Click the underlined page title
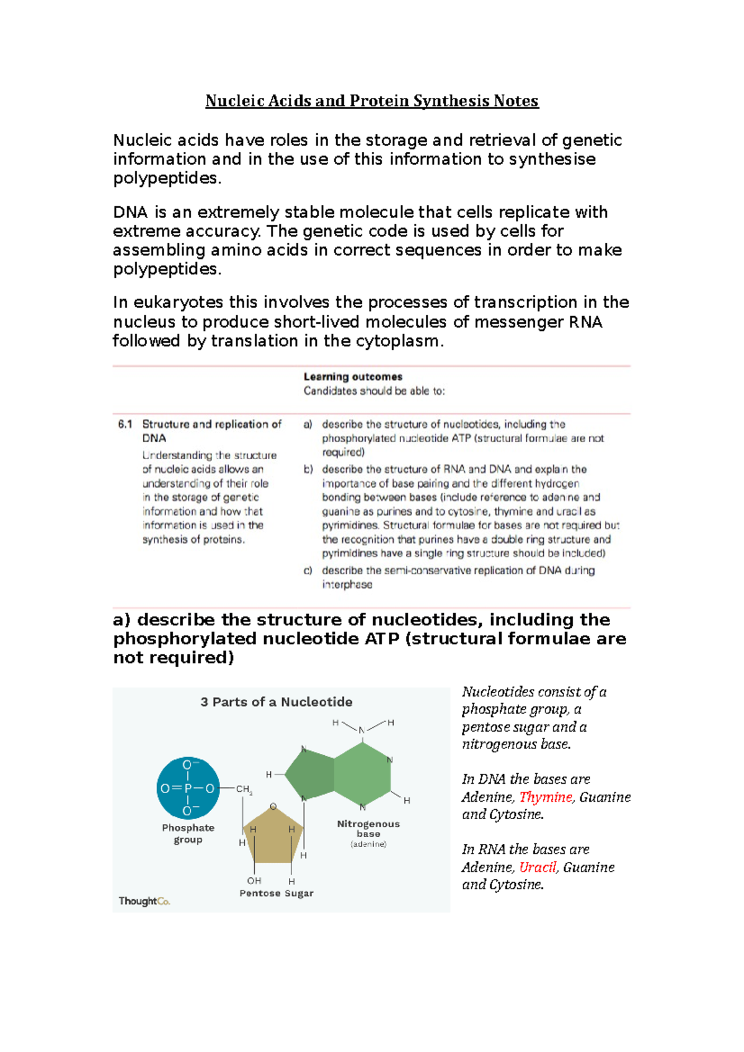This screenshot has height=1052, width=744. click(x=372, y=101)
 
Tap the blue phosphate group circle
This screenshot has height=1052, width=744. click(x=188, y=788)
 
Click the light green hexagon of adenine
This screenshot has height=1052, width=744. click(x=363, y=774)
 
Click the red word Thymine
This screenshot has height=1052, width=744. click(x=546, y=797)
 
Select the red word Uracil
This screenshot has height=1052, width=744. click(x=538, y=867)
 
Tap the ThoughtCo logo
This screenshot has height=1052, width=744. click(x=144, y=901)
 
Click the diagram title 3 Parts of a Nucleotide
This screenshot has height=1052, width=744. click(x=277, y=702)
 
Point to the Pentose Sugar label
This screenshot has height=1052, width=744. click(x=277, y=893)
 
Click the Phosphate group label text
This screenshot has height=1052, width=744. click(x=188, y=833)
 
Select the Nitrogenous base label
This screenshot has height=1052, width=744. click(x=368, y=828)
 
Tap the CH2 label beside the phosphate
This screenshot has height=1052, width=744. click(x=244, y=790)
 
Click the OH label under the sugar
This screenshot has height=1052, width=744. click(x=254, y=880)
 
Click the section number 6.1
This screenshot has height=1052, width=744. click(x=125, y=424)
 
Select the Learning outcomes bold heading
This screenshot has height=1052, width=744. click(x=353, y=377)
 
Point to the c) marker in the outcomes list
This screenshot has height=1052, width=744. click(x=308, y=571)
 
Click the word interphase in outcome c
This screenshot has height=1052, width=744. click(x=347, y=585)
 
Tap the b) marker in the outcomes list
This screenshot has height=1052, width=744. click(x=308, y=470)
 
